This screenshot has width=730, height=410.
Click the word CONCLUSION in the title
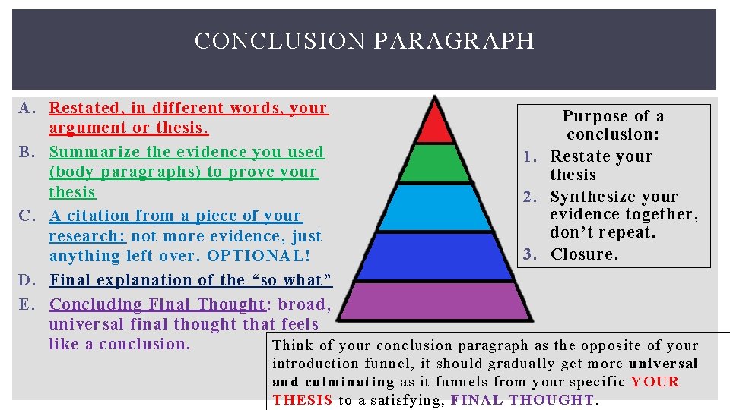tap(280, 40)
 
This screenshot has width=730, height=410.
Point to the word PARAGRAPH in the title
tap(453, 40)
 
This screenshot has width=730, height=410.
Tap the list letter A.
tap(24, 109)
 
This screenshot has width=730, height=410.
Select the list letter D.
tap(24, 280)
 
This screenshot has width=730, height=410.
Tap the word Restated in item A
tap(84, 109)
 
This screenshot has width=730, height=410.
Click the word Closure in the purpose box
tap(582, 254)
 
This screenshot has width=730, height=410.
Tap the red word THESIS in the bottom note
tap(302, 399)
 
